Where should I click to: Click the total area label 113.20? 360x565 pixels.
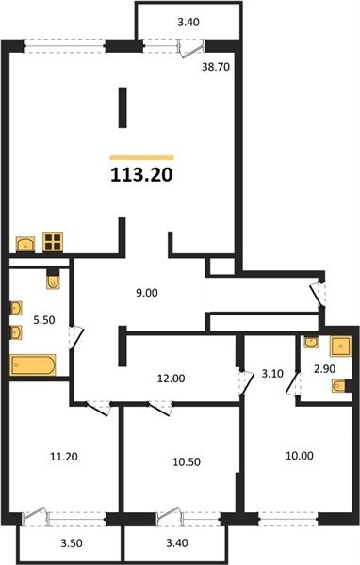click(141, 175)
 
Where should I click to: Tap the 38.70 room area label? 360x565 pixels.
click(216, 67)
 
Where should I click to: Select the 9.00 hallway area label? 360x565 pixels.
click(147, 293)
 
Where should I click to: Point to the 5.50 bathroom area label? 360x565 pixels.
click(44, 319)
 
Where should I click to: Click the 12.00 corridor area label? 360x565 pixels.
click(171, 379)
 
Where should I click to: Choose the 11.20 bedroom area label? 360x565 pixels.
click(64, 457)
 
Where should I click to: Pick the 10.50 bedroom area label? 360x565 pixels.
click(187, 461)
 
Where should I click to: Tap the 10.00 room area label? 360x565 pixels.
click(300, 456)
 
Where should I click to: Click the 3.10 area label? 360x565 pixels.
click(272, 374)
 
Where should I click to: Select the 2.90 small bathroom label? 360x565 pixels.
click(324, 368)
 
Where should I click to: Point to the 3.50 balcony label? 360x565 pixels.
click(72, 543)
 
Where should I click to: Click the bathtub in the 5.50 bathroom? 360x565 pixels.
click(33, 364)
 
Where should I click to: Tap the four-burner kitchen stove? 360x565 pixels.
click(53, 241)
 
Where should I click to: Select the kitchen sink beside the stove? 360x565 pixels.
click(25, 244)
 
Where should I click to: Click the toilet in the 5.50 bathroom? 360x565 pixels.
click(53, 281)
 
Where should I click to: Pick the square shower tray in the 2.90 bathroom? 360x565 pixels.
click(340, 347)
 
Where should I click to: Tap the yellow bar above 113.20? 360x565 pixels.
click(141, 157)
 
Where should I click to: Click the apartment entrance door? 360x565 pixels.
click(318, 294)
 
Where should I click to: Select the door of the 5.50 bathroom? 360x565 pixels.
click(76, 338)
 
